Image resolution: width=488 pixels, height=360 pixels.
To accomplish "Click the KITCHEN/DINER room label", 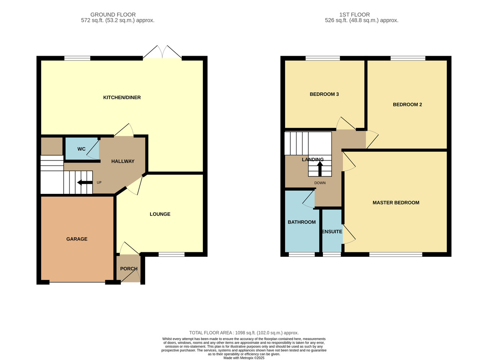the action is (x=122, y=98).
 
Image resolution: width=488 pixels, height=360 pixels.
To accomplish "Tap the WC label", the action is (x=81, y=149).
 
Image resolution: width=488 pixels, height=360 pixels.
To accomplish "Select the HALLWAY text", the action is (x=123, y=161).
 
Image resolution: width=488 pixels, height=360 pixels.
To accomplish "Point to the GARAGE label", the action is (x=77, y=239).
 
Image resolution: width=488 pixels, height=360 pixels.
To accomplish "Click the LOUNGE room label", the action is (x=160, y=214).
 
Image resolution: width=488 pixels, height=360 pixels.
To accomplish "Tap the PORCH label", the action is (x=129, y=269).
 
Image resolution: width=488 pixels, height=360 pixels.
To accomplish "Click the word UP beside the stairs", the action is (x=99, y=182).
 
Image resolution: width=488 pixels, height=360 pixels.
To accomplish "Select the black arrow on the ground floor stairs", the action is (x=85, y=182).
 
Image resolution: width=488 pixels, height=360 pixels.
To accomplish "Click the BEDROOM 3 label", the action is (x=324, y=94).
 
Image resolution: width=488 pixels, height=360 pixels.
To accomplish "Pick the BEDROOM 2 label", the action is (x=407, y=104).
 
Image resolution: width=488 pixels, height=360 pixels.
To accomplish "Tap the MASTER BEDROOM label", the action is (x=396, y=202).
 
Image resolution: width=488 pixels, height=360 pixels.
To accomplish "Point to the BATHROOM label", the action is (x=302, y=222).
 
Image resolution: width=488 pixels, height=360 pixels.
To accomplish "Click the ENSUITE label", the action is (x=332, y=232).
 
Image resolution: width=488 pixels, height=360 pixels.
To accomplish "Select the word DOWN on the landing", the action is (x=320, y=183).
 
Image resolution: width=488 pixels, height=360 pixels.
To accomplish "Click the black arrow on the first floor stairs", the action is (x=320, y=169).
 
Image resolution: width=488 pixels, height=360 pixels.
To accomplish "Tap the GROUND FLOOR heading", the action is (x=113, y=15).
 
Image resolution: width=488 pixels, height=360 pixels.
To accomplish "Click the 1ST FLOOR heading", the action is (x=355, y=15).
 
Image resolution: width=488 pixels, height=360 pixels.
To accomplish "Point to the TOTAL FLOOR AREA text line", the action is (x=244, y=333).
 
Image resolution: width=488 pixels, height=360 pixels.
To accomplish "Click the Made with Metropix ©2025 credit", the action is (x=244, y=358).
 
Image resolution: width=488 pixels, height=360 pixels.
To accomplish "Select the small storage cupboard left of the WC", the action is (x=52, y=146).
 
